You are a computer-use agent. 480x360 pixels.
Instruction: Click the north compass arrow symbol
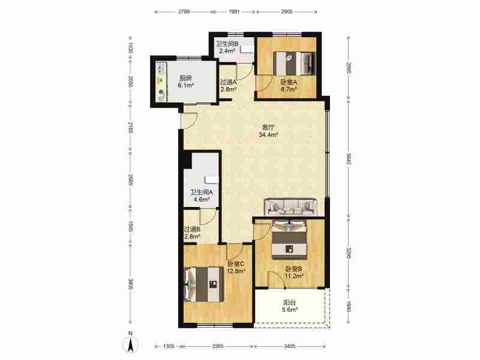pos(130,344)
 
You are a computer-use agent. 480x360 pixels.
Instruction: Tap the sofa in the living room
pos(290,207)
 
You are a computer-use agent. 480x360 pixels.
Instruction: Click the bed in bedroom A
pos(294,64)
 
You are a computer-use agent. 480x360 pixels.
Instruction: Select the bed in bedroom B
pos(289,239)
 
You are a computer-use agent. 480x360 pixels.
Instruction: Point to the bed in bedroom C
pos(203,284)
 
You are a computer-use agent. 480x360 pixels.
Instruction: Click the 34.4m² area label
pos(268,134)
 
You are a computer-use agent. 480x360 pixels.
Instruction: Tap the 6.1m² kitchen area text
pos(186,85)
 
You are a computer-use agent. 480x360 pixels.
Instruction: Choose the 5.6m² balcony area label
pos(290,310)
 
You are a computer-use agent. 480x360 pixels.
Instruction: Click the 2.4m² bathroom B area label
pos(227,51)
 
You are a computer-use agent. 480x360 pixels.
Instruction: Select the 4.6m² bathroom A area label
pos(201,199)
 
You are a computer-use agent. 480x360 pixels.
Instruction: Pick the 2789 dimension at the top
pos(184,11)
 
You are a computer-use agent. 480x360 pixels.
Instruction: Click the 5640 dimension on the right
pos(349,158)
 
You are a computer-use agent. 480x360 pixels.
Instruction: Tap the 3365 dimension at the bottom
pos(218,346)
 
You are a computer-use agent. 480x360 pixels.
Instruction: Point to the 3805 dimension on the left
pos(130,284)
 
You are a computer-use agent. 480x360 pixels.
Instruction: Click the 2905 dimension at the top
pos(287,11)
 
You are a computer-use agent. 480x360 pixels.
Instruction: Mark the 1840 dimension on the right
pos(349,306)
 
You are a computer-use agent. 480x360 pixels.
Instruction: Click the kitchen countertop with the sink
pos(161,81)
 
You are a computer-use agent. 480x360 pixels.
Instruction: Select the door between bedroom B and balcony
pos(277,280)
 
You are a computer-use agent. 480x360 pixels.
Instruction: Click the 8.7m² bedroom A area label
pos(289,89)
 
